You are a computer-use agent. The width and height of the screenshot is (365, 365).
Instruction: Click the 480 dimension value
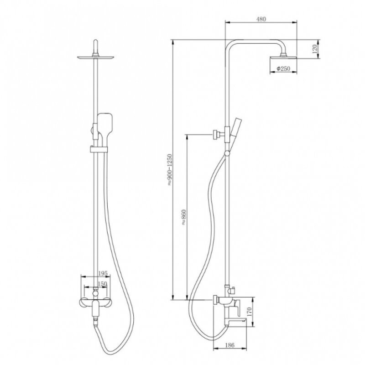coord(261,19)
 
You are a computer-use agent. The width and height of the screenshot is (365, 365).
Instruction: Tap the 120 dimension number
coord(314,49)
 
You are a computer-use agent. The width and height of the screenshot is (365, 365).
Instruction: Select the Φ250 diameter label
coord(283,69)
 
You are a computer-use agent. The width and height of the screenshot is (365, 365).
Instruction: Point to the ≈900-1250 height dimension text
coord(169,170)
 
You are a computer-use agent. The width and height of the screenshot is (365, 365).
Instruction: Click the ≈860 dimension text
coord(184,217)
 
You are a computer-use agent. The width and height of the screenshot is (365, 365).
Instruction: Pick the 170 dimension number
coord(249,312)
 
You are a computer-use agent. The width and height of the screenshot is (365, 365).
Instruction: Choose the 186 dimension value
coord(230,345)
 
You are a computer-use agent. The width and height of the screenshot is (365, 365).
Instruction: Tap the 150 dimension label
coord(102,284)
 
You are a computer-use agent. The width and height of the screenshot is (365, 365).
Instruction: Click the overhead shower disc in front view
coord(96,57)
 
